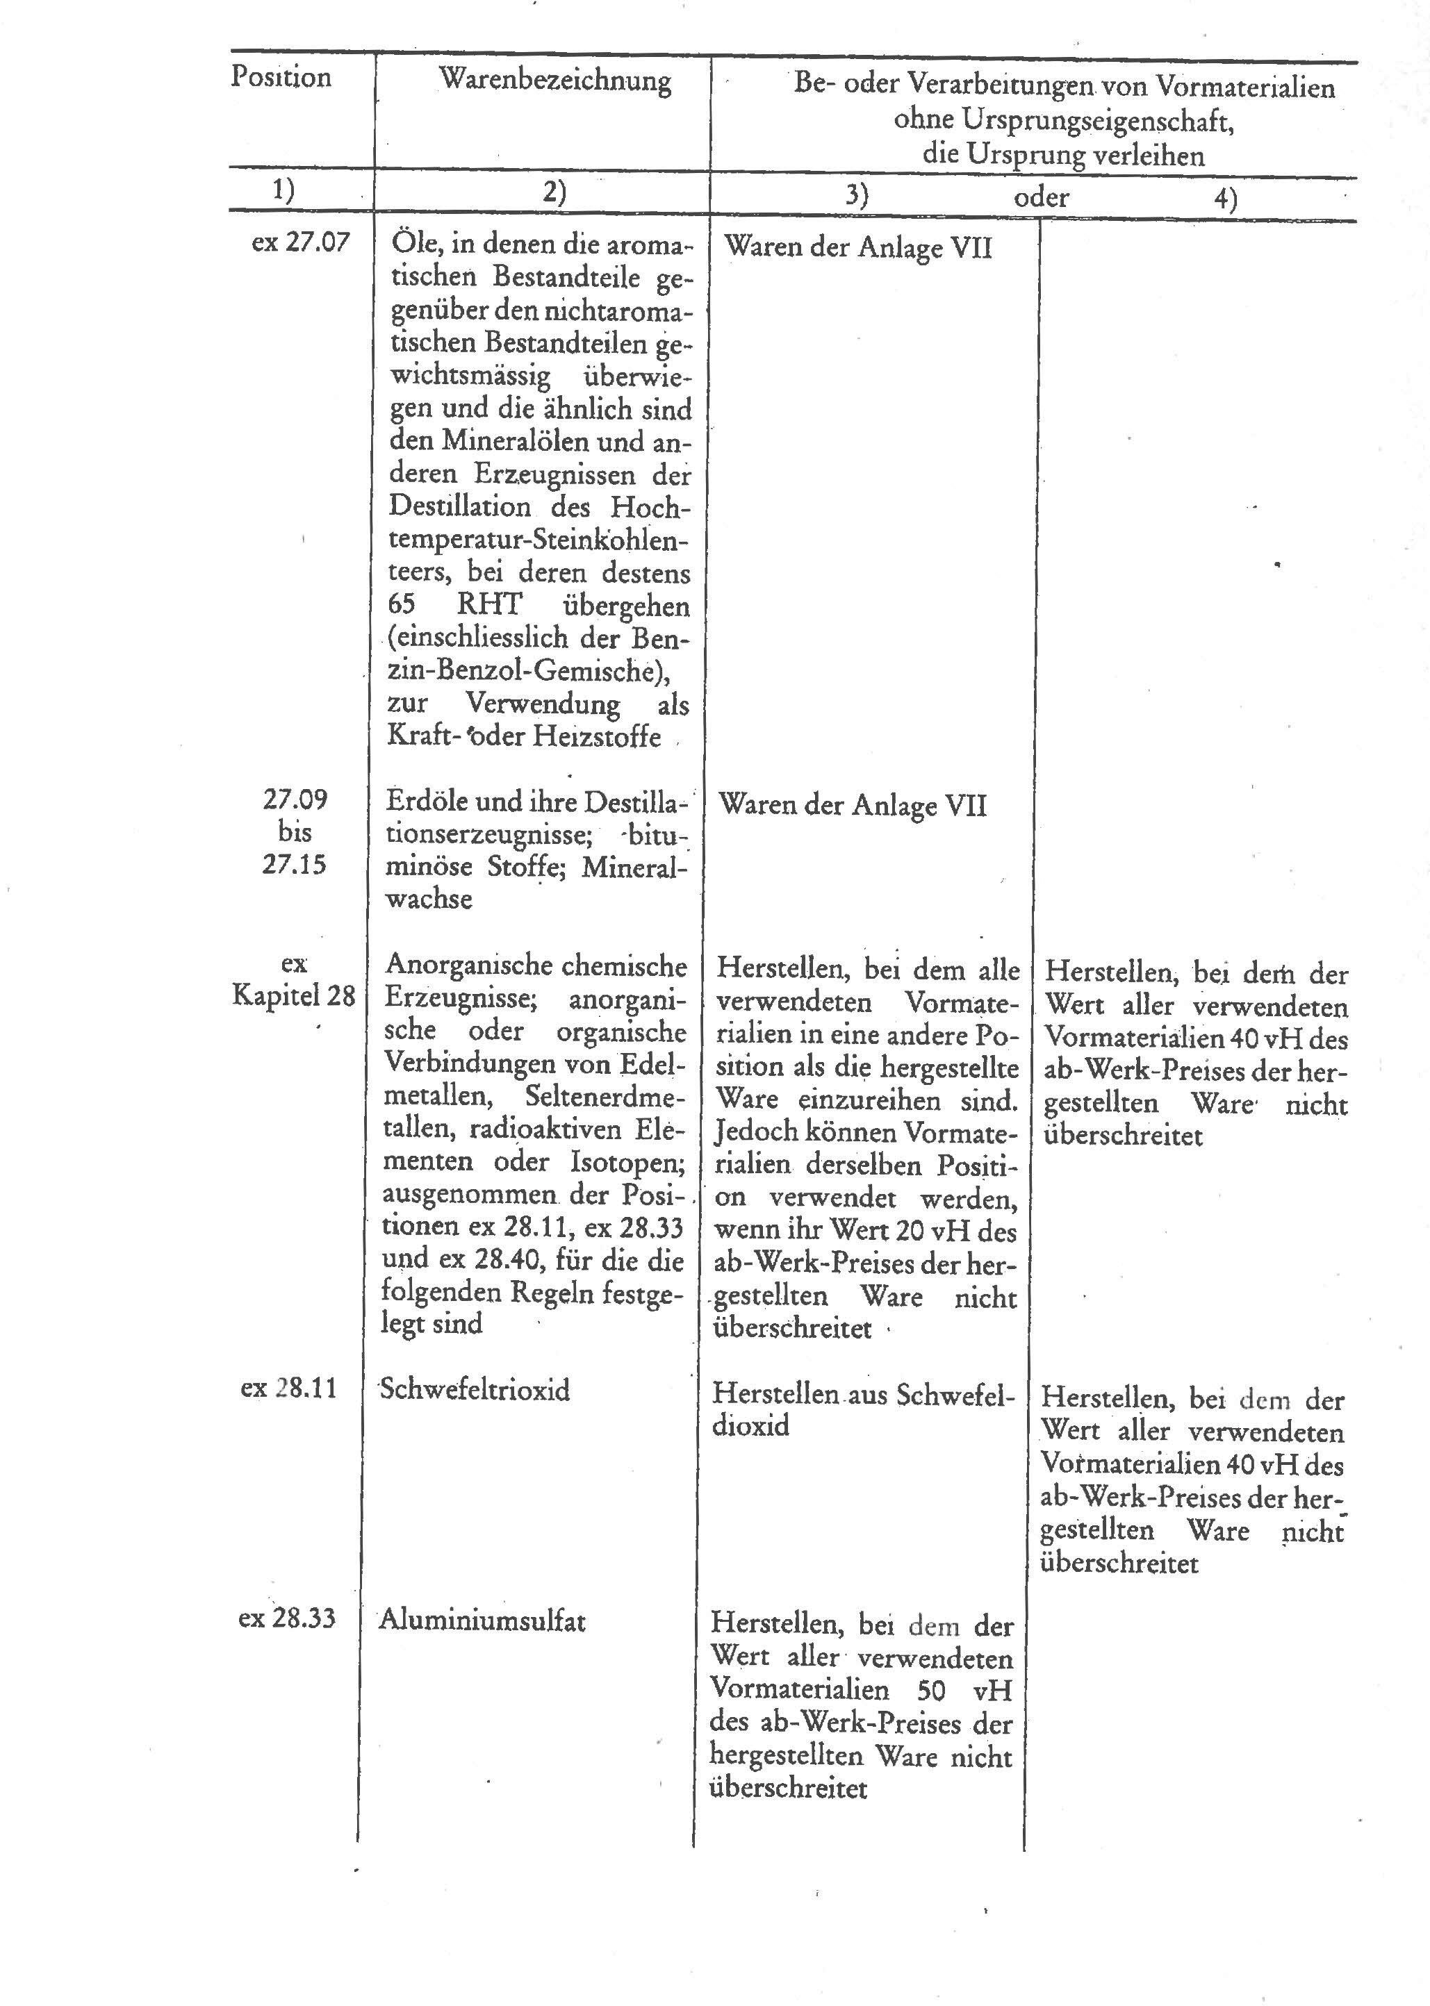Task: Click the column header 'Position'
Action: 281,78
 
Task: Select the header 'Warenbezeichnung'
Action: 554,81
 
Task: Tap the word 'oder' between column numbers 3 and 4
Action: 1041,197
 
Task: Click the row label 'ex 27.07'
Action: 300,242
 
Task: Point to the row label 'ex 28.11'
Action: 288,1388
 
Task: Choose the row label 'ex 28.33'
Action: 286,1618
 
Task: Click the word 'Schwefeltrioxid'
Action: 475,1390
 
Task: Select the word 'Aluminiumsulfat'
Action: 482,1620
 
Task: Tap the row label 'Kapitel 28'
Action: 293,995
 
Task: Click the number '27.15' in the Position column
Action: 293,864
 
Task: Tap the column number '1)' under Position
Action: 283,190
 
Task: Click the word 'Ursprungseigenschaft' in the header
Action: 1064,121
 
